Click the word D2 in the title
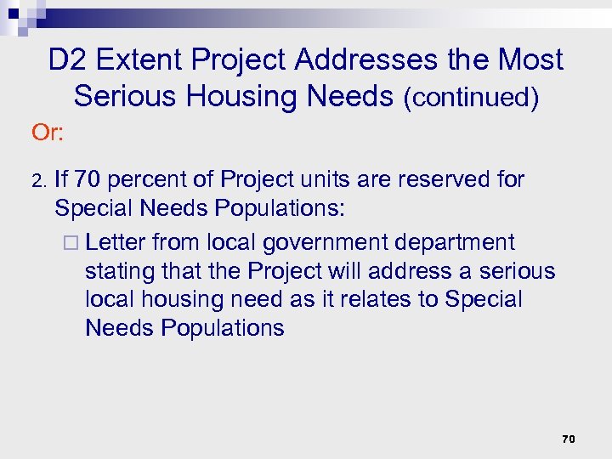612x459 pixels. [66, 60]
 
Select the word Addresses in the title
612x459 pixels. [372, 60]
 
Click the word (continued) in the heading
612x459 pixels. [471, 98]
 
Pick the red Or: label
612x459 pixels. [49, 133]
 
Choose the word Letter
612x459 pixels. [116, 242]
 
